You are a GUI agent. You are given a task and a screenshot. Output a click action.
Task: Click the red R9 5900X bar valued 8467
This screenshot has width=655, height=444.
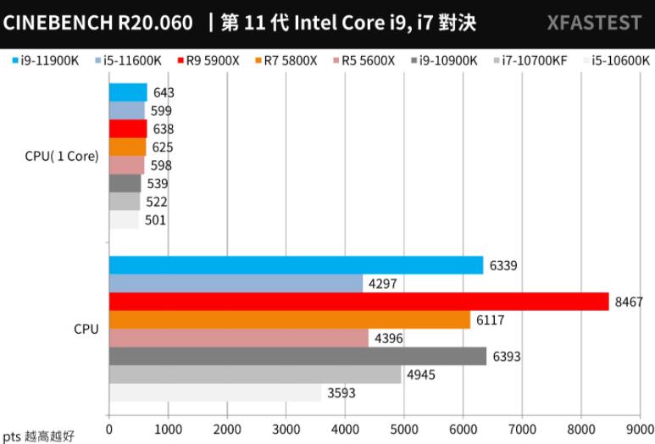(x=358, y=302)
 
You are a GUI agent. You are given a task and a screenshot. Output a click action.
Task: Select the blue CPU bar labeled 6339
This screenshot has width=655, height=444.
(x=296, y=265)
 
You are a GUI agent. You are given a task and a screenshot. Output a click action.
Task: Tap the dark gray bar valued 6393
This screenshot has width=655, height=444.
(x=297, y=357)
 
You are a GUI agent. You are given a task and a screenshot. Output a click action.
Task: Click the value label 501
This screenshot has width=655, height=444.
(x=155, y=220)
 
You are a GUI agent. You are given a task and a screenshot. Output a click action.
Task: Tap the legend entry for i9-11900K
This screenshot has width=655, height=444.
(x=47, y=60)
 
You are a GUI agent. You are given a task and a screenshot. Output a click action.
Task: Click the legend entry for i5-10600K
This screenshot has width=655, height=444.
(x=617, y=60)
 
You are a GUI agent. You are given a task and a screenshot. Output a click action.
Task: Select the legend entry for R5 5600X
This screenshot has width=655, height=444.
(x=369, y=60)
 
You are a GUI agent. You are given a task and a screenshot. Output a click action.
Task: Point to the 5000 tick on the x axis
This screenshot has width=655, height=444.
(x=404, y=430)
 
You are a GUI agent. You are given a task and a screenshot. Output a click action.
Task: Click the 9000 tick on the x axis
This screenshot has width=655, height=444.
(x=640, y=430)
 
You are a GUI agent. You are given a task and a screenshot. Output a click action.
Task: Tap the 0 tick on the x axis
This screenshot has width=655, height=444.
(x=109, y=430)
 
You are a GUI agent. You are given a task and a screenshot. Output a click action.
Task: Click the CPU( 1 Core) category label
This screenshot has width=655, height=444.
(x=62, y=156)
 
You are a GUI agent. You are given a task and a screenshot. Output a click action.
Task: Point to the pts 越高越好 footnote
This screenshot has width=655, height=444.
(x=39, y=436)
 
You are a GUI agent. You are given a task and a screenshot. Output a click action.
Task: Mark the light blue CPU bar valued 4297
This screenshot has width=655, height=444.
(x=236, y=283)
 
